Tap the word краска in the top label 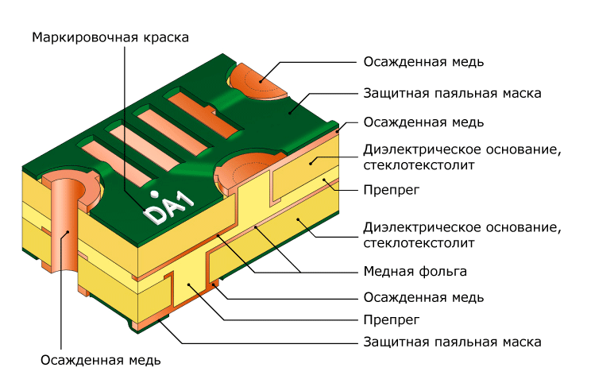point(165,37)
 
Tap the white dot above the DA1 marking point(154,195)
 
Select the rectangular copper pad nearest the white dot point(118,161)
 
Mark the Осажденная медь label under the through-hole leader point(101,360)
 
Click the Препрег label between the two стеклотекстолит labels point(392,190)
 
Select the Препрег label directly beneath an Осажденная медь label point(392,320)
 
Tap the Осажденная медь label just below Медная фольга point(423,298)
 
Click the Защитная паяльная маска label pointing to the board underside point(452,342)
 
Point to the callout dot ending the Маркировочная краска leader point(144,209)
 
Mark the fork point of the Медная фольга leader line point(300,272)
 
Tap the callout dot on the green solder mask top point(290,112)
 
